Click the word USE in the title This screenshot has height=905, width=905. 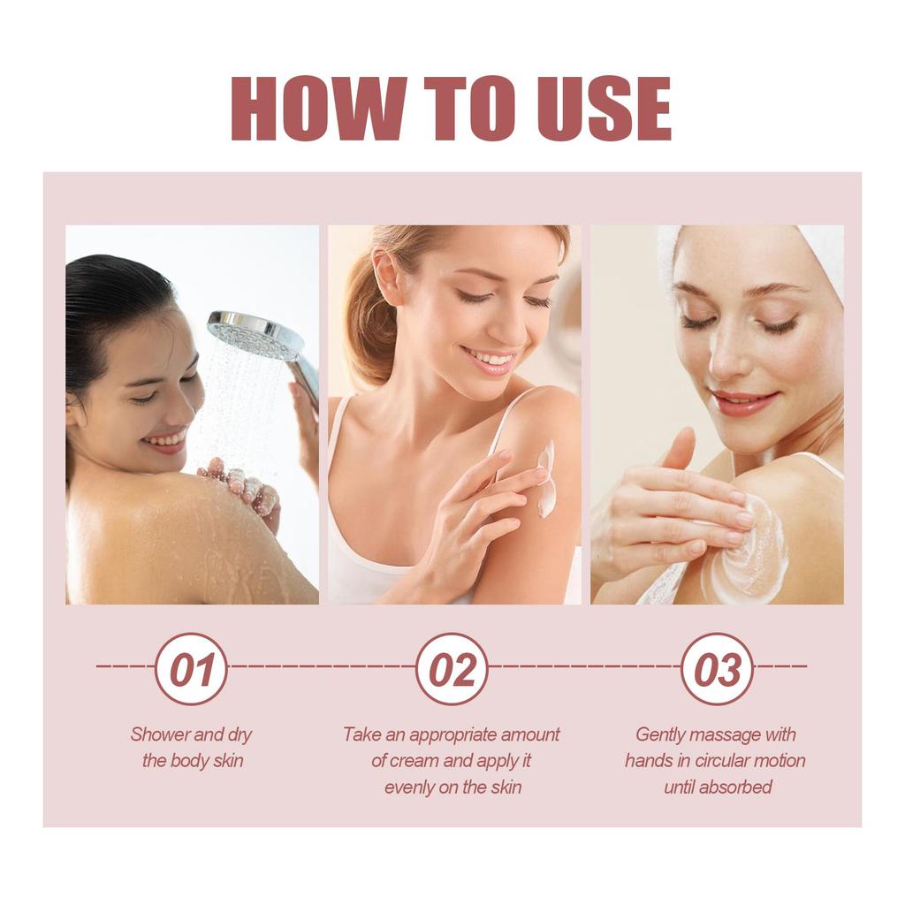(603, 109)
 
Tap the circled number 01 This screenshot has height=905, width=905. (191, 669)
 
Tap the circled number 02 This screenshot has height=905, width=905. (452, 669)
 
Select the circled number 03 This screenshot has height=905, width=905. (717, 669)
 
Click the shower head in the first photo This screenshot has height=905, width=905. (256, 337)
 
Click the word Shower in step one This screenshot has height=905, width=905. (159, 734)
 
